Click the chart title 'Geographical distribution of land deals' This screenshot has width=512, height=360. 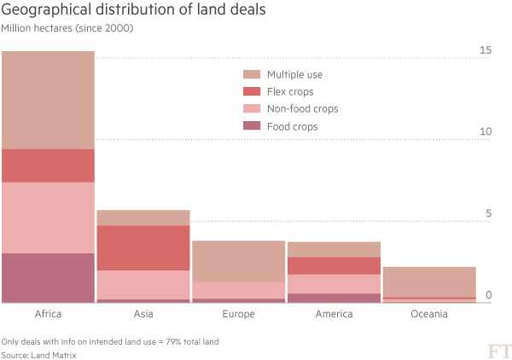click(131, 11)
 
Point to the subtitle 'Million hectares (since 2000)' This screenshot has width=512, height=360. click(67, 28)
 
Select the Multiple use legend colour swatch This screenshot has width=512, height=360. click(252, 74)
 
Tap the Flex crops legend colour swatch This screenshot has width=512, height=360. click(252, 91)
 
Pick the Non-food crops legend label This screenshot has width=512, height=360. click(302, 109)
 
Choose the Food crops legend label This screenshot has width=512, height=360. click(292, 126)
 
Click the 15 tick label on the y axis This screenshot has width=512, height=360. click(486, 50)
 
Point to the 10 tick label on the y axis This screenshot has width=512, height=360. click(486, 131)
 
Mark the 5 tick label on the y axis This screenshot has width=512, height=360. click(488, 213)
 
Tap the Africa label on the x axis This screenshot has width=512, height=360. click(47, 314)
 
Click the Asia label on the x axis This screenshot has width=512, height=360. click(143, 314)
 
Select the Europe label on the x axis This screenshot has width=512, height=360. click(238, 314)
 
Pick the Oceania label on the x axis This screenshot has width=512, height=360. click(428, 314)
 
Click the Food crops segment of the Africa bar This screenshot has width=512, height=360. click(48, 278)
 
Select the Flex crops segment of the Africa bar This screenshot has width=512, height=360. click(48, 165)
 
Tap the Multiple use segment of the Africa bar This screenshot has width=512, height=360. click(48, 101)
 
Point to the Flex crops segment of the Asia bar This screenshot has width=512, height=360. click(143, 248)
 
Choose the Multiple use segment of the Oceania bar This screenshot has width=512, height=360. click(428, 282)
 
